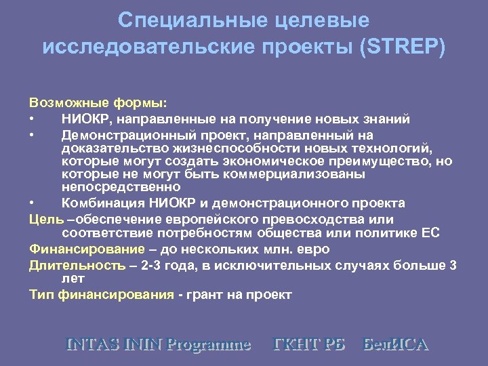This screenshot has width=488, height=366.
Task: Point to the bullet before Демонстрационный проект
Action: pyautogui.click(x=32, y=136)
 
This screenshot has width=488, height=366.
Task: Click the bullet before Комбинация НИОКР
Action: pyautogui.click(x=32, y=203)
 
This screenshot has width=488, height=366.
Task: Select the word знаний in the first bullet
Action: pyautogui.click(x=384, y=119)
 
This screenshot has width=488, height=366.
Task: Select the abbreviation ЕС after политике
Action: pyautogui.click(x=430, y=233)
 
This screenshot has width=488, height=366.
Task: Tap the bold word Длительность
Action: pyautogui.click(x=77, y=266)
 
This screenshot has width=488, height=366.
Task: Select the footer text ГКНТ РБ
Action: pyautogui.click(x=308, y=344)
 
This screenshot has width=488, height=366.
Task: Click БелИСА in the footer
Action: pyautogui.click(x=396, y=344)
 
